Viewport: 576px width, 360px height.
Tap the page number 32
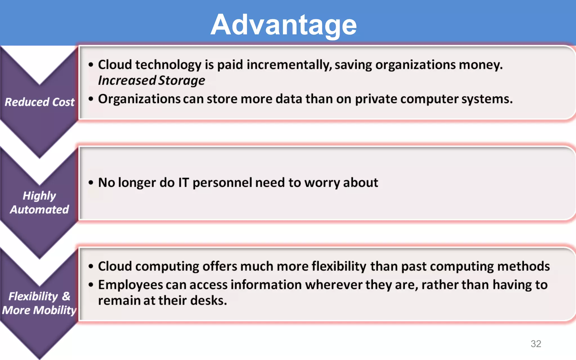click(536, 344)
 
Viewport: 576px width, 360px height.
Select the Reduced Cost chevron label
click(40, 102)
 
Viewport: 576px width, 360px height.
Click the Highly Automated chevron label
click(39, 202)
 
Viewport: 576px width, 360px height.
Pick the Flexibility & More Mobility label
click(39, 303)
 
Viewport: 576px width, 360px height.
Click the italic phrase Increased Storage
click(152, 81)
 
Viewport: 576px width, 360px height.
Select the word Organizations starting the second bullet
click(139, 99)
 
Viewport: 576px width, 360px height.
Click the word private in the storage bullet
click(376, 99)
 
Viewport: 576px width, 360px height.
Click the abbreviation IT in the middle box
click(183, 183)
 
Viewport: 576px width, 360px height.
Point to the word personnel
click(222, 183)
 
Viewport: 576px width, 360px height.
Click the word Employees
click(130, 285)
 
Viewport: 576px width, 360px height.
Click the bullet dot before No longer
click(91, 183)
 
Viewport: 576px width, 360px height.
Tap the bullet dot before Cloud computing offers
click(91, 266)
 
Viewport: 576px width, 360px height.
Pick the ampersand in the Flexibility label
click(66, 296)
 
